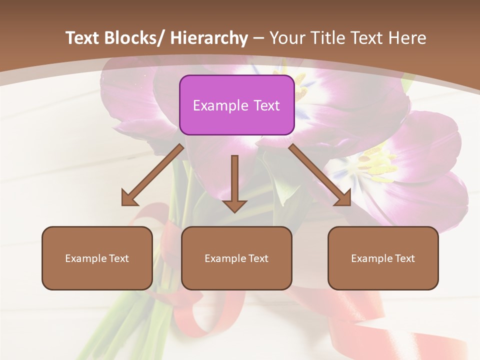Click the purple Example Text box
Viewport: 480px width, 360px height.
(236, 105)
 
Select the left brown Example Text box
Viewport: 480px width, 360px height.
(97, 258)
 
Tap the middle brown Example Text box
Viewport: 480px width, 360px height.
(236, 258)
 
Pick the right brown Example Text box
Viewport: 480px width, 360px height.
(383, 258)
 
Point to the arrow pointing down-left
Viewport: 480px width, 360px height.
(152, 175)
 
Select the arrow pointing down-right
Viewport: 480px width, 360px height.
(320, 175)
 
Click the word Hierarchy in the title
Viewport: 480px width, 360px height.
(209, 38)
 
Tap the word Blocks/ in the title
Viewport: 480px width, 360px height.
(132, 38)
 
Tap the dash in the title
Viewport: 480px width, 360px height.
(258, 38)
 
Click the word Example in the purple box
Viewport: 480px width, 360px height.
(220, 105)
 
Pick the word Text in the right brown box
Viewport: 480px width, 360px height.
(404, 258)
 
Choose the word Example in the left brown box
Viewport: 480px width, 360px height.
(85, 258)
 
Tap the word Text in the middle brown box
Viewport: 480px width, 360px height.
(257, 258)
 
